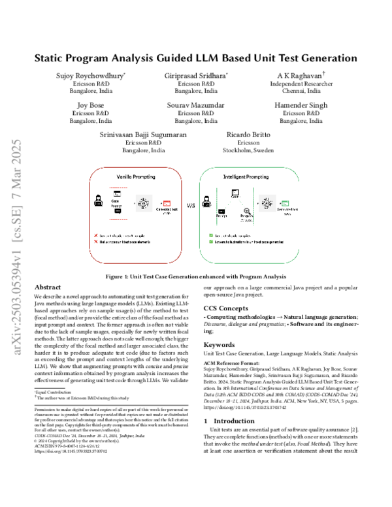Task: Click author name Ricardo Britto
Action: tap(248, 133)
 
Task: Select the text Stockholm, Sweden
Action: tap(248, 150)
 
